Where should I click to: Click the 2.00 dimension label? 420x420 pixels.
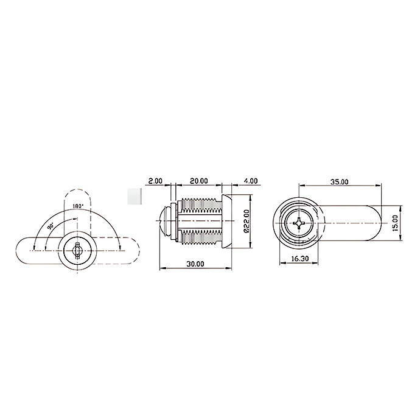pyautogui.click(x=155, y=181)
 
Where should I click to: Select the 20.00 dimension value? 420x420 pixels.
pyautogui.click(x=199, y=181)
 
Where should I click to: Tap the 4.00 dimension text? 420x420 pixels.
pyautogui.click(x=251, y=181)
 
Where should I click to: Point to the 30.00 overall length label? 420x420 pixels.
pyautogui.click(x=195, y=264)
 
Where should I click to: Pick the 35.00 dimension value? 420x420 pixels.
pyautogui.click(x=339, y=182)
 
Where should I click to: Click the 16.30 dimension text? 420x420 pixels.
pyautogui.click(x=300, y=259)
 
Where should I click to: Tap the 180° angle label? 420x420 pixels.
pyautogui.click(x=78, y=206)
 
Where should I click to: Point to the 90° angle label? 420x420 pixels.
pyautogui.click(x=50, y=226)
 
